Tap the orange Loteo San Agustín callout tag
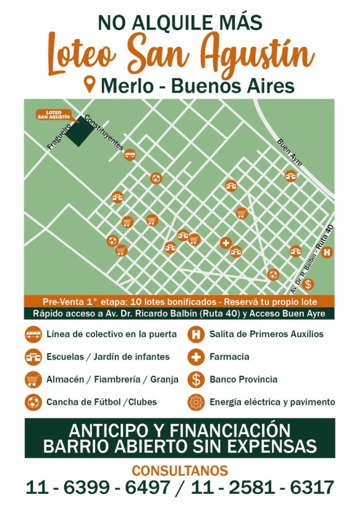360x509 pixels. click(x=53, y=115)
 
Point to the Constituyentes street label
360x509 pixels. click(x=104, y=133)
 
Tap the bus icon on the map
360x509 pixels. click(x=130, y=155)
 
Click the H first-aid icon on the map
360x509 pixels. click(x=326, y=253)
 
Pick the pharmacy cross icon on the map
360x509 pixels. click(x=226, y=243)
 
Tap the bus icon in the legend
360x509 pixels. click(x=33, y=334)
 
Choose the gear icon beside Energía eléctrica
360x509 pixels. click(x=196, y=402)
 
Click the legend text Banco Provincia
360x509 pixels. click(x=243, y=379)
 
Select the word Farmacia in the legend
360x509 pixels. click(x=229, y=357)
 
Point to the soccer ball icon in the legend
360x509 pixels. click(x=33, y=402)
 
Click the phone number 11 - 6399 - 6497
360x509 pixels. click(x=98, y=487)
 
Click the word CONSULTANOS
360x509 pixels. click(x=180, y=470)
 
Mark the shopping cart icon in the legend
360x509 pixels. click(x=33, y=380)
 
